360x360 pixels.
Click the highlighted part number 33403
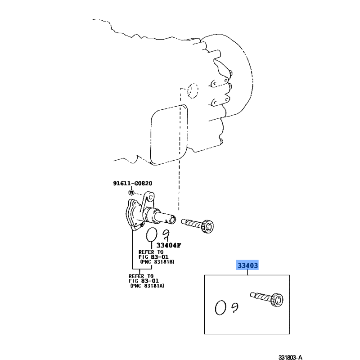point(247,265)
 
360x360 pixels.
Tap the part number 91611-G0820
point(132,183)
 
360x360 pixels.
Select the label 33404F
point(169,245)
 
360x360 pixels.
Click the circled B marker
point(131,193)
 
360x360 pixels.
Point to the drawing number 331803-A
point(290,357)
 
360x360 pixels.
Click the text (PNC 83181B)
point(157,262)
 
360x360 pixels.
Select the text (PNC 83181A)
point(147,286)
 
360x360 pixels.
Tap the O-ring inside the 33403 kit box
point(220,308)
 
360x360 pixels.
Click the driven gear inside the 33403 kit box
point(267,299)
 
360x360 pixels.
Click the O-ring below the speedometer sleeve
point(152,235)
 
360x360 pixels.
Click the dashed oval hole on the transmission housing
point(193,91)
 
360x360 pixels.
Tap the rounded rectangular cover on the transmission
point(169,135)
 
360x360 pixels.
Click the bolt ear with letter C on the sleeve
point(150,197)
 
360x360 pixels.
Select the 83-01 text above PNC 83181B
point(160,257)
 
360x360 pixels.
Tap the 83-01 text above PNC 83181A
point(150,281)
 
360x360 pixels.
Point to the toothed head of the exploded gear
point(208,227)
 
